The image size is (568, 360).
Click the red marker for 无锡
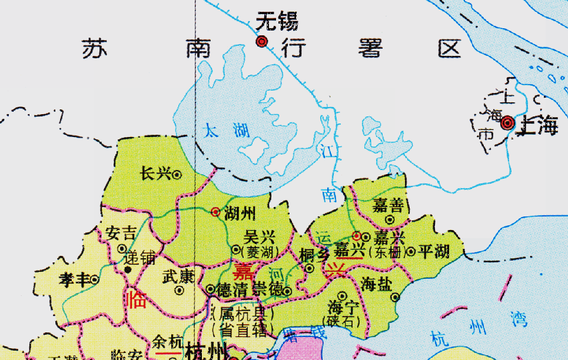coord(262,41)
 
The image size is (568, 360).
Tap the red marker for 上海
coord(507,123)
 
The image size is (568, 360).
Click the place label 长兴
coord(155,174)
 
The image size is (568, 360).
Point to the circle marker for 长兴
coord(177,174)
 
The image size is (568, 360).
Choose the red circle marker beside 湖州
coord(216,211)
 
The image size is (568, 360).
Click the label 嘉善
coord(388,205)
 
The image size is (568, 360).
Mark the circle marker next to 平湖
coord(411,252)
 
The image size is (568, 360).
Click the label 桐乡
coord(315,255)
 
